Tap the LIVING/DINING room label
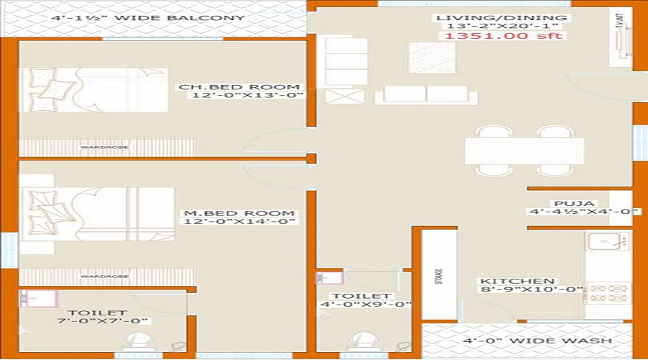pyautogui.click(x=503, y=17)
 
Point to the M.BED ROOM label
pyautogui.click(x=239, y=213)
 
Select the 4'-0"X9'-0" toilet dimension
pyautogui.click(x=366, y=305)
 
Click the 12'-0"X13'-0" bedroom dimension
pyautogui.click(x=245, y=95)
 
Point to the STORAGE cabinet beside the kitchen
pyautogui.click(x=439, y=274)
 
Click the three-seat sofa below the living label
pyautogui.click(x=426, y=95)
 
